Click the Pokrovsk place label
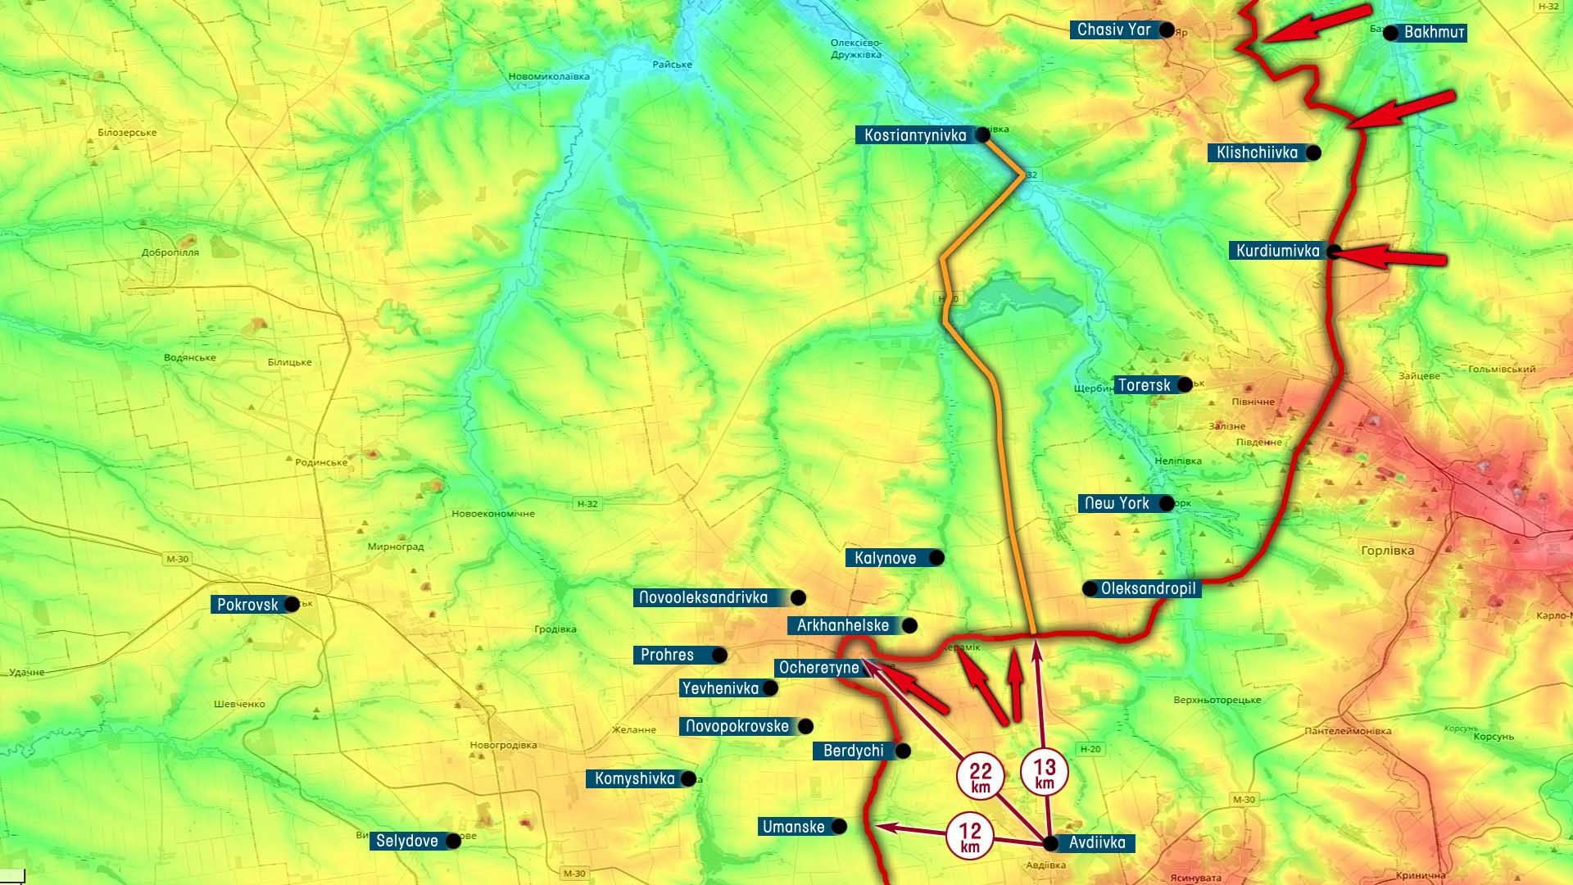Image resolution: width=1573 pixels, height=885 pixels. pos(247,605)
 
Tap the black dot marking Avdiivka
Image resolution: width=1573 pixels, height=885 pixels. pos(1050,842)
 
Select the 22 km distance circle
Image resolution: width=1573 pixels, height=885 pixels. pos(981,776)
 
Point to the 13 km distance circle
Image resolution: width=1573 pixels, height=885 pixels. pos(1045,773)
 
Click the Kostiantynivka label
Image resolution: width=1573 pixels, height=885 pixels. pos(915,135)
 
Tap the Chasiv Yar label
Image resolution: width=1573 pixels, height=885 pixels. pos(1113,30)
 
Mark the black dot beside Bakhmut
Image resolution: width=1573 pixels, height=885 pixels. pos(1390,33)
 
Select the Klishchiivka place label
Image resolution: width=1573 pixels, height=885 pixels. pos(1257,152)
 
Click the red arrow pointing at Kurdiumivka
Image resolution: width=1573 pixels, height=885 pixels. pos(1392,257)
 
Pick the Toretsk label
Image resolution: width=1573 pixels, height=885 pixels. pos(1144,385)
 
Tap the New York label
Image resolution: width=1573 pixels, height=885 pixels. pos(1117,503)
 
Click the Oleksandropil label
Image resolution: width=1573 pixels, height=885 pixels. pos(1148,588)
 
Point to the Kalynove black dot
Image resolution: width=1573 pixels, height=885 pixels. pos(936,558)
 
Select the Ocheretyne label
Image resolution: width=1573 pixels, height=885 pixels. pos(818,668)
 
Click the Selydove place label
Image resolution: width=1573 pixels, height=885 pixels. pos(406,841)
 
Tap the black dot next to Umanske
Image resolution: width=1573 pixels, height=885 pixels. pos(839,827)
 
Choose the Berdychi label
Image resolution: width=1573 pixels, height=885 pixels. pos(853,751)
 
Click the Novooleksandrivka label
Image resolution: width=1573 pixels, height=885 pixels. pos(704,597)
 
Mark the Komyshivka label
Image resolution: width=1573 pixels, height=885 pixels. pos(634,778)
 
